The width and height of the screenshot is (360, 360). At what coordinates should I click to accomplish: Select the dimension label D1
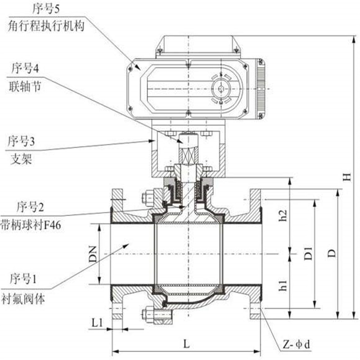(x=308, y=253)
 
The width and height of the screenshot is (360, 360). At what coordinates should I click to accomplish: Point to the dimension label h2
(x=283, y=216)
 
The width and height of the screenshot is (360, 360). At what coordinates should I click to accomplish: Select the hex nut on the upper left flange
(x=148, y=198)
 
